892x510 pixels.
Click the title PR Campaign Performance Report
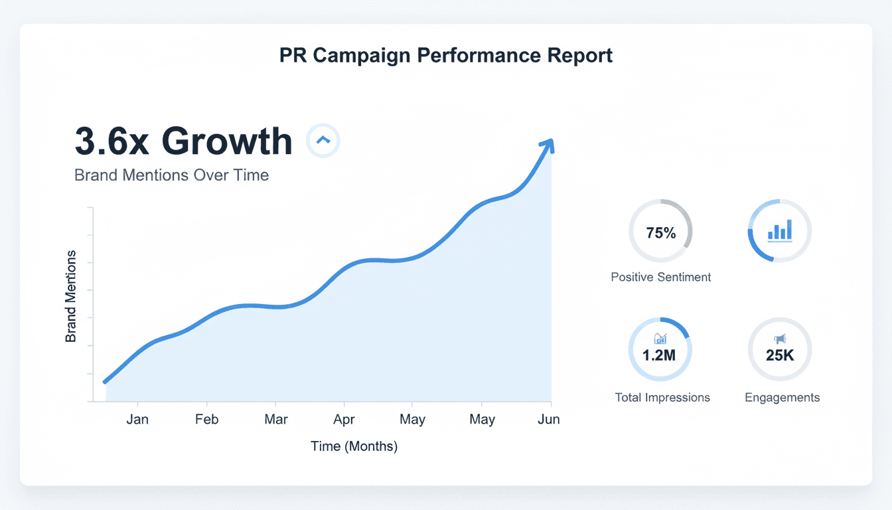pyautogui.click(x=446, y=56)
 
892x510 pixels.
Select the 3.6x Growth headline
pyautogui.click(x=183, y=141)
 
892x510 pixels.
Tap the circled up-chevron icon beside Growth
pyautogui.click(x=323, y=140)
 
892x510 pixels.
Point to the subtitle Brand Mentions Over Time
pyautogui.click(x=171, y=175)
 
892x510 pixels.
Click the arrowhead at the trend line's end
pyautogui.click(x=548, y=145)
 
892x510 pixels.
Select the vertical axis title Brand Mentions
pyautogui.click(x=71, y=296)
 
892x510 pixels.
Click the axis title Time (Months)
pyautogui.click(x=354, y=446)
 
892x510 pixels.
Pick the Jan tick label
pyautogui.click(x=137, y=420)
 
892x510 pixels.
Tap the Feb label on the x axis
pyautogui.click(x=206, y=420)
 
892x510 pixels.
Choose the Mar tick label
pyautogui.click(x=275, y=420)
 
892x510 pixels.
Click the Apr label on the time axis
pyautogui.click(x=344, y=420)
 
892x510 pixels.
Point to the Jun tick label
pyautogui.click(x=549, y=420)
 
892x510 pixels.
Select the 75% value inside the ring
pyautogui.click(x=660, y=233)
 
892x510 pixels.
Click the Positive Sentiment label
pyautogui.click(x=660, y=277)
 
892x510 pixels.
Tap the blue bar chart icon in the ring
pyautogui.click(x=780, y=231)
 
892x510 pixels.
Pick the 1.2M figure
pyautogui.click(x=659, y=355)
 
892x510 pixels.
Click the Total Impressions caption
pyautogui.click(x=662, y=398)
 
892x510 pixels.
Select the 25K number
pyautogui.click(x=780, y=355)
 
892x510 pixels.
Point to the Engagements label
pyautogui.click(x=782, y=398)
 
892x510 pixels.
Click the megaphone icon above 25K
pyautogui.click(x=780, y=339)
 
